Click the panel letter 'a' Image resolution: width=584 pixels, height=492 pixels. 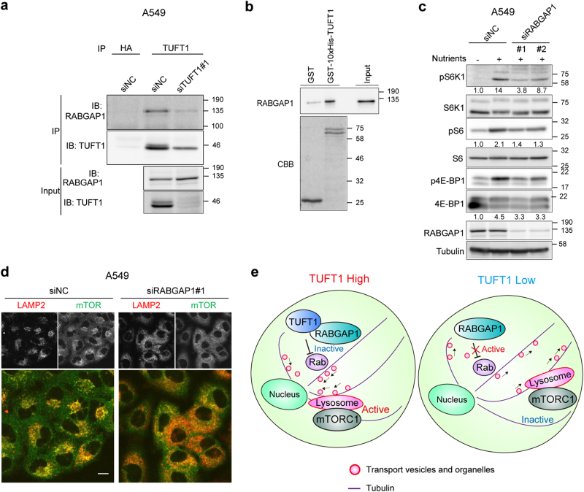6,7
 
